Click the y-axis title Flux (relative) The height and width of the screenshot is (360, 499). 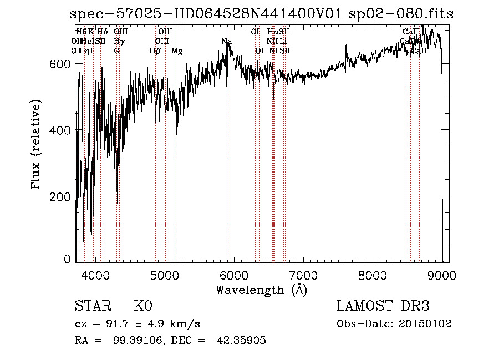click(37, 145)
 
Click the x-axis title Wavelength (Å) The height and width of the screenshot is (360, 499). click(261, 290)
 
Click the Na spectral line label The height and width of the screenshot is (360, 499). click(226, 42)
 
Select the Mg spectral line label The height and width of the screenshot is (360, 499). click(177, 51)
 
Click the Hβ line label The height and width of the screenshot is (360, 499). click(155, 51)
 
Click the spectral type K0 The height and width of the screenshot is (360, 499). click(143, 306)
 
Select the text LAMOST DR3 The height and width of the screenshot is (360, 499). click(383, 306)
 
